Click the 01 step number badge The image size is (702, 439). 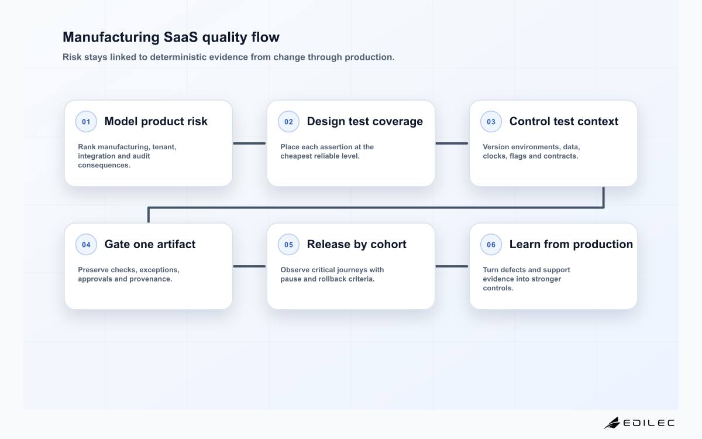click(86, 122)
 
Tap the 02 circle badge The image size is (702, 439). click(288, 122)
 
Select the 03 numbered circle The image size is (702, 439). click(491, 122)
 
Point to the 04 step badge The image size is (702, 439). click(86, 245)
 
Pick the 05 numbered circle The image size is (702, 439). click(288, 245)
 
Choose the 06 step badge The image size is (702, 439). click(491, 245)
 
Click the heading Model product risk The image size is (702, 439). click(156, 121)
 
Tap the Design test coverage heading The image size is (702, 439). click(365, 121)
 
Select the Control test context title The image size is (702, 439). click(564, 121)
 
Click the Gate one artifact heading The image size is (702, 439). click(150, 244)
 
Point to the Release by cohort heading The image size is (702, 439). click(357, 244)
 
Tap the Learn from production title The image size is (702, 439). click(571, 244)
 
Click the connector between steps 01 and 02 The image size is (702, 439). click(249, 143)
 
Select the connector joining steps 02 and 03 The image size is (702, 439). click(452, 143)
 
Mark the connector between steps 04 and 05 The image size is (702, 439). click(249, 266)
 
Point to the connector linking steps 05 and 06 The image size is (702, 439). click(452, 266)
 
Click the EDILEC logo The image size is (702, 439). click(639, 423)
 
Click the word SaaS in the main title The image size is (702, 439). click(181, 37)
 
